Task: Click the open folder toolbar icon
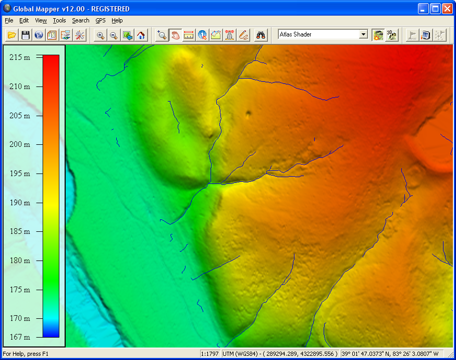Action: [x=11, y=35]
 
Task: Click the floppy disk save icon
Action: [x=25, y=35]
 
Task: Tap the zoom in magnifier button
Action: [x=100, y=35]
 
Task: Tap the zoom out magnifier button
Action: [x=114, y=35]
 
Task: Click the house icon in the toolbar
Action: [x=141, y=35]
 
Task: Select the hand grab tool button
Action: [x=176, y=35]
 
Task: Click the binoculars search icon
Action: [x=261, y=35]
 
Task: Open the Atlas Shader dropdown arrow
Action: [x=363, y=34]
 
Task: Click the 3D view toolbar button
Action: [x=391, y=35]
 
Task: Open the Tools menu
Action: [x=59, y=20]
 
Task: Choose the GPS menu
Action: [x=100, y=20]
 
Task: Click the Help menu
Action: [x=117, y=20]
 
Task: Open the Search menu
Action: [x=81, y=20]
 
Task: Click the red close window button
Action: [x=448, y=8]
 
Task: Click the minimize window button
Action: [x=424, y=8]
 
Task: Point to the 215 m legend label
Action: [x=20, y=57]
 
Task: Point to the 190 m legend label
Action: [x=20, y=203]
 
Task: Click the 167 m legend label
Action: [x=20, y=337]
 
